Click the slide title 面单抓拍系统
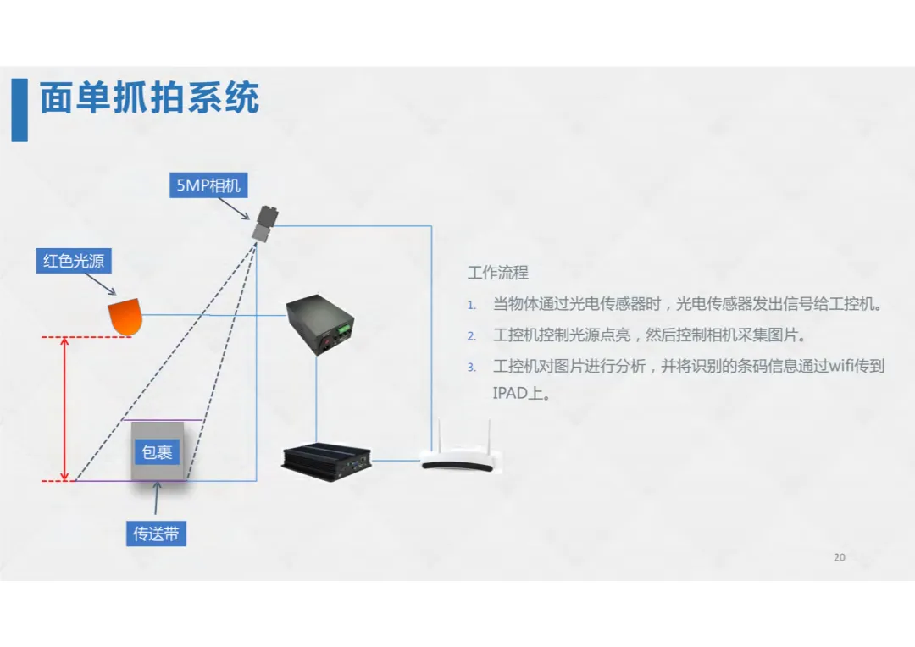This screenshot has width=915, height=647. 149,99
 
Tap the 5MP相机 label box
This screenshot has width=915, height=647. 208,185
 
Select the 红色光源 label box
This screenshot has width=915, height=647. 74,261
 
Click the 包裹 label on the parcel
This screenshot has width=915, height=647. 157,452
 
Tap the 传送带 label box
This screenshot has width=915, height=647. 156,534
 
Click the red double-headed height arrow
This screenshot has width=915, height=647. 65,409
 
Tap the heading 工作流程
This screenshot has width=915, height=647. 498,273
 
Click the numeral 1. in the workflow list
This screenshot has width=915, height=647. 472,305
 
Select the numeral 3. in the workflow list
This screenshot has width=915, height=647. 472,368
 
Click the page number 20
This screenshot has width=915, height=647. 839,557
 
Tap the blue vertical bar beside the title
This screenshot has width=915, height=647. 19,110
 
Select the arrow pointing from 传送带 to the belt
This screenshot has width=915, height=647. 156,501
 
